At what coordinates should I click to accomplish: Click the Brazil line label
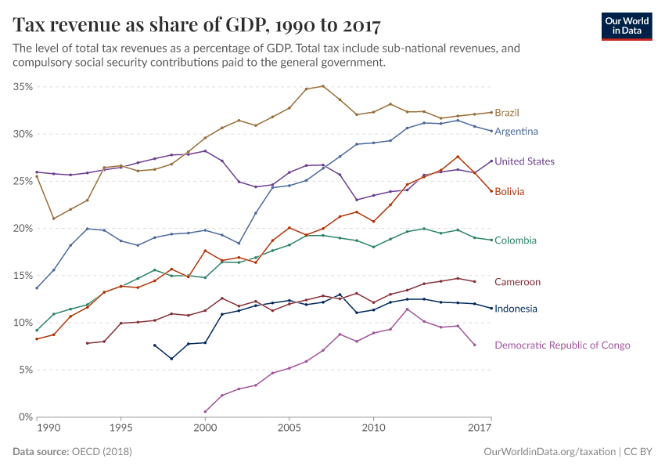click(507, 113)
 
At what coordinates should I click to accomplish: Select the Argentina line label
click(516, 131)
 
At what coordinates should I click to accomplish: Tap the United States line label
click(524, 161)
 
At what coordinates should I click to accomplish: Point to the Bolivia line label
click(509, 191)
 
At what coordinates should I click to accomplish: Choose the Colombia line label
click(516, 240)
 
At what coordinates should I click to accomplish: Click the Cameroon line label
click(517, 282)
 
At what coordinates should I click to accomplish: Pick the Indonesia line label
click(516, 309)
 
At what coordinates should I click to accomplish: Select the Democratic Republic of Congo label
click(562, 345)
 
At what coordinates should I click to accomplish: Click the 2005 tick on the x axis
click(289, 429)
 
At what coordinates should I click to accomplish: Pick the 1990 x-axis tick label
click(48, 429)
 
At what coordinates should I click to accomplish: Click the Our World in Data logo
click(627, 26)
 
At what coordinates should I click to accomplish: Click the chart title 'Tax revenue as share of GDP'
click(196, 25)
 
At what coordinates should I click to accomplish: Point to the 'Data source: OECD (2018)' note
click(72, 452)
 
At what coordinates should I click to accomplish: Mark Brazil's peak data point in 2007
click(323, 86)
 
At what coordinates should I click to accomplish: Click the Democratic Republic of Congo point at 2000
click(205, 411)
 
